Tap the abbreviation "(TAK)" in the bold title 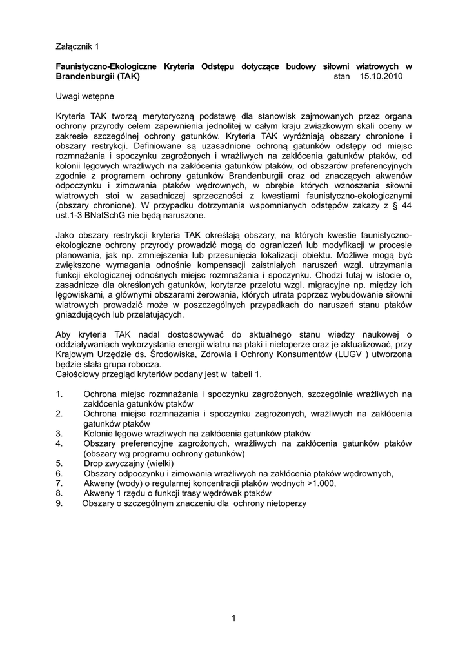(124, 76)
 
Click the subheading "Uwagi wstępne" (84, 96)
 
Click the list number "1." (59, 394)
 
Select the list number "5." (59, 463)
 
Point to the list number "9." (59, 503)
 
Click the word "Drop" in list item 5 (95, 463)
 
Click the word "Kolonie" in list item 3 (99, 433)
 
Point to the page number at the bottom (234, 619)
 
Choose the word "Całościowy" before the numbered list (79, 374)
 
